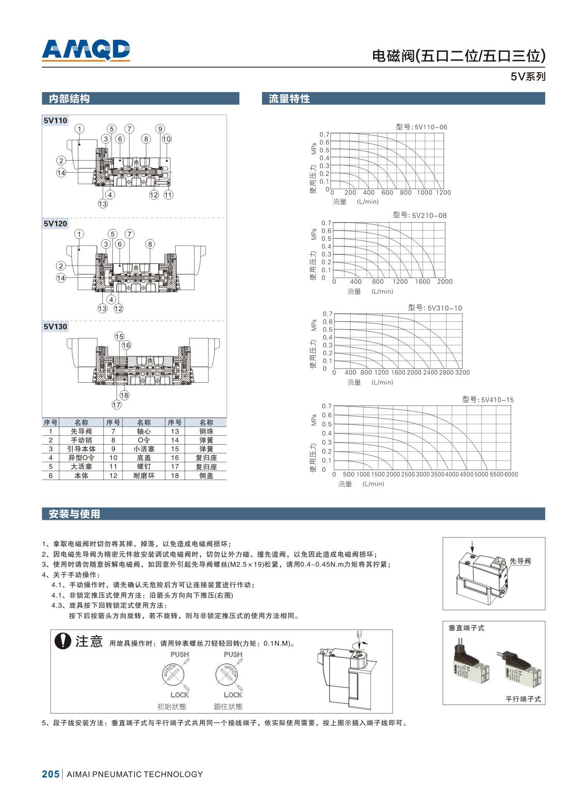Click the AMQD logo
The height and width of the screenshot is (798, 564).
pos(86,50)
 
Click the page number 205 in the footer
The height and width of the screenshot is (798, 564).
pos(51,774)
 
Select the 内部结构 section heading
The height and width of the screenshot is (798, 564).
pos(69,99)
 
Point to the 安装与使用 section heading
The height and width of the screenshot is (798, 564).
pos(74,514)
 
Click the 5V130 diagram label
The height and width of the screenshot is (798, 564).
pos(55,327)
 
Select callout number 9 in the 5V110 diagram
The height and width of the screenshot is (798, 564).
pos(160,129)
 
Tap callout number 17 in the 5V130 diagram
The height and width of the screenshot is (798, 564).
pos(117,404)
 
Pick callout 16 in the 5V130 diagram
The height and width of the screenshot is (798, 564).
pos(126,345)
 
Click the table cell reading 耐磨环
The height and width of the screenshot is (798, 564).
pos(144,476)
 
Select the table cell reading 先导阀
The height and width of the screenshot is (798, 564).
pos(81,431)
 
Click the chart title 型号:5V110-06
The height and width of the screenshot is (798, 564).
pos(421,127)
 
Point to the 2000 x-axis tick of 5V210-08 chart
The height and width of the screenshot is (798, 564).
pos(445,281)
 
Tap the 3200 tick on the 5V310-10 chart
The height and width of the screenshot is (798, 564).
pos(462,372)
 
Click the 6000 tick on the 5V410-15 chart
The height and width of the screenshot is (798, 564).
pos(511,474)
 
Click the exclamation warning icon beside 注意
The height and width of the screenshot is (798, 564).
pos(63,641)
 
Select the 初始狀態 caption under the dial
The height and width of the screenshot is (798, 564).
pos(172,707)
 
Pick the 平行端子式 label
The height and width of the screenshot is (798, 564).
pos(523,699)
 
